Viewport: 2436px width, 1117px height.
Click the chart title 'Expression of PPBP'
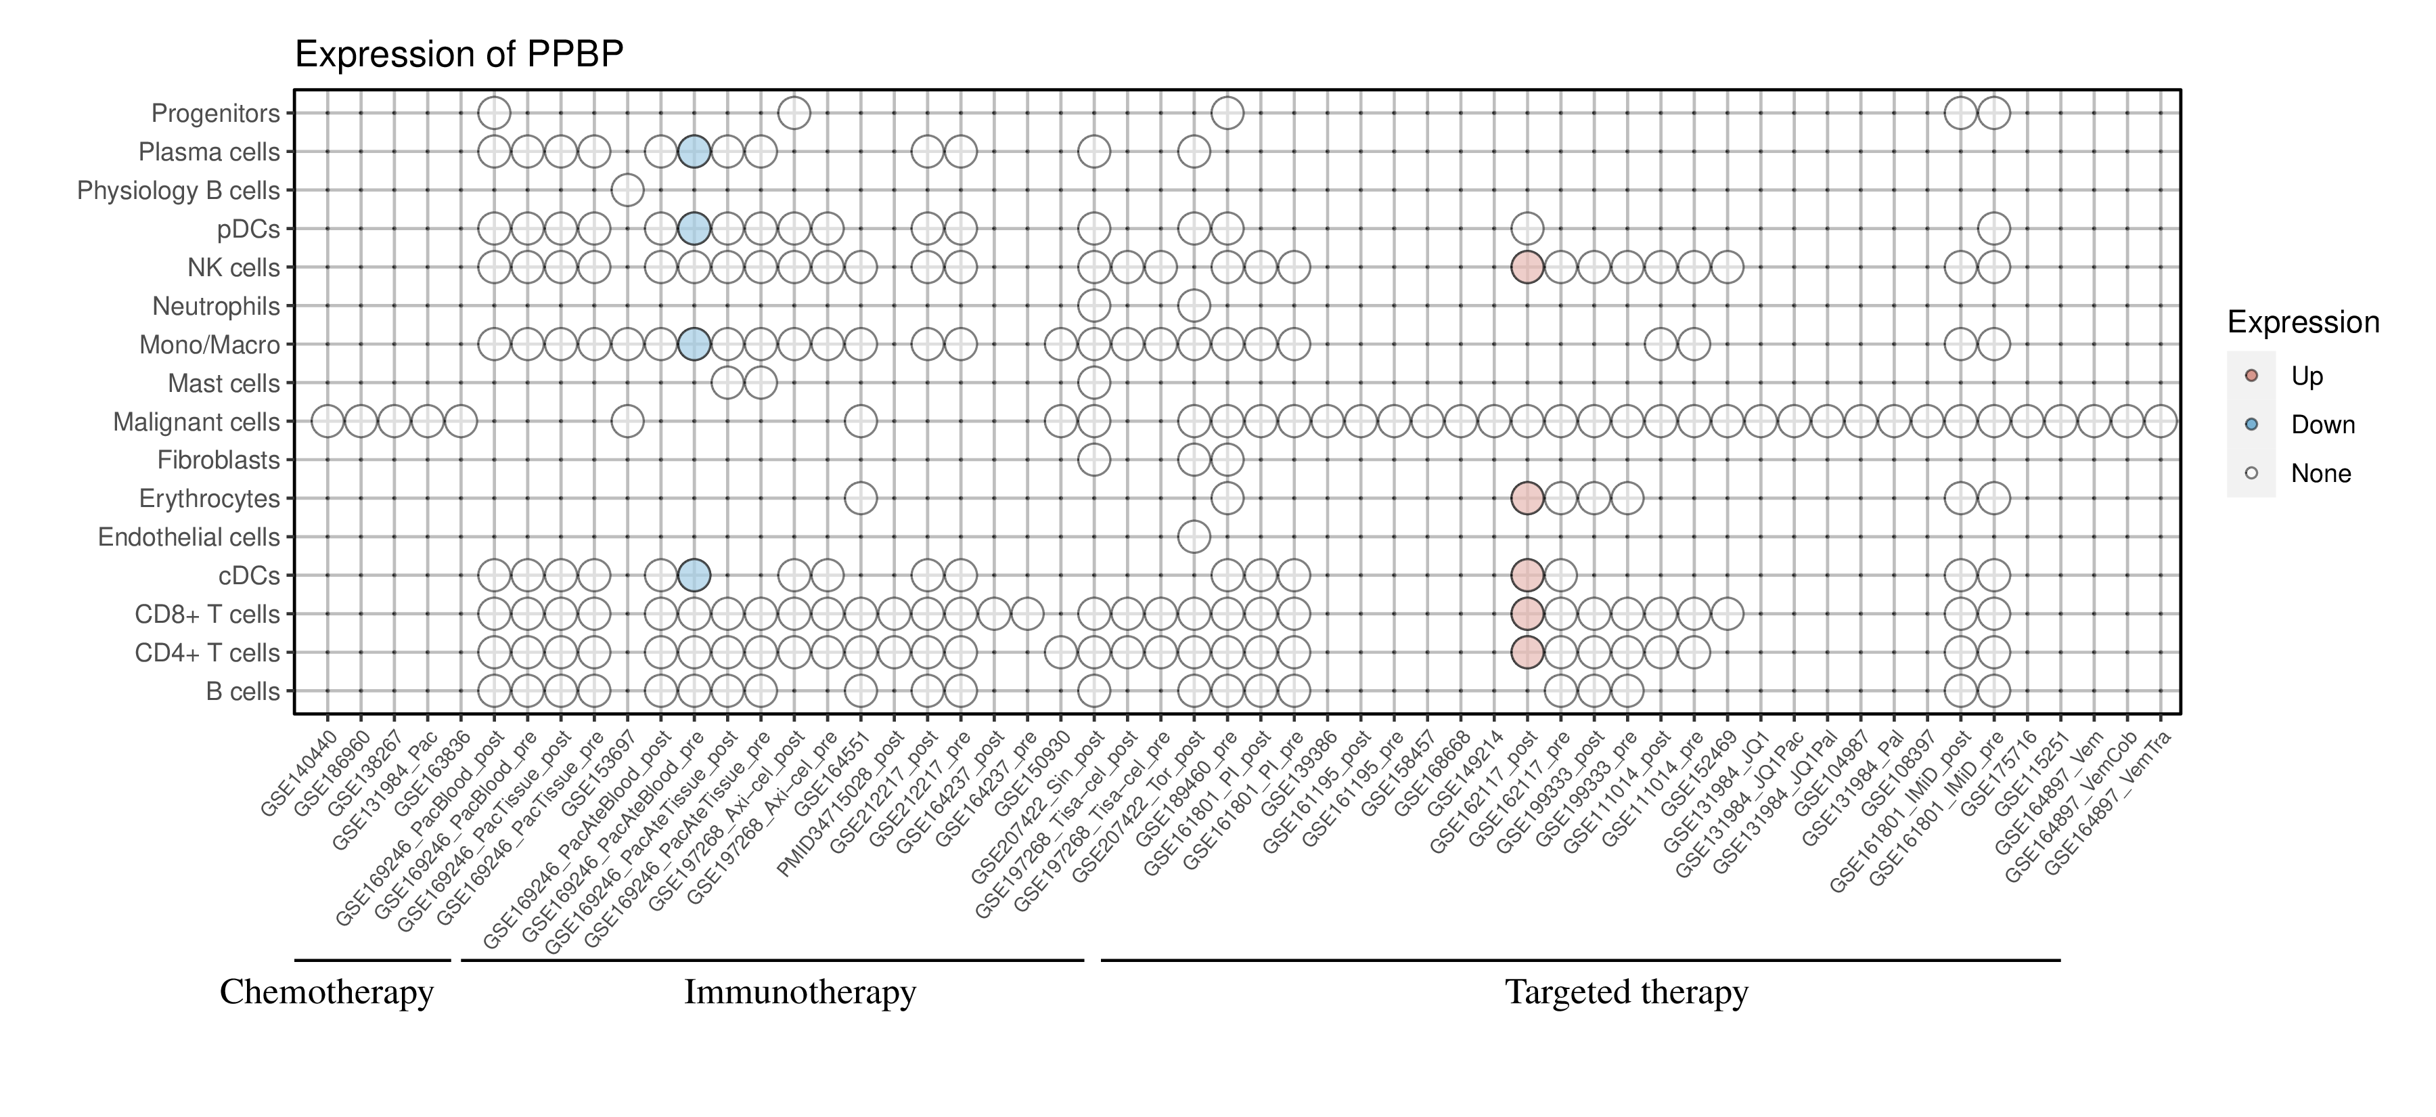coord(459,55)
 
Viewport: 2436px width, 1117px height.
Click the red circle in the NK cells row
coord(1527,267)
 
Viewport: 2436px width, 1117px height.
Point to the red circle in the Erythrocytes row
coord(1527,498)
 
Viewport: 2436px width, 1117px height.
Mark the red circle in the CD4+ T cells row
coord(1527,653)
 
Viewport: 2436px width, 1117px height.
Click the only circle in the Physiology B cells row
coord(627,190)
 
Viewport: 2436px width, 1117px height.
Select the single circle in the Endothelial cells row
coord(1194,538)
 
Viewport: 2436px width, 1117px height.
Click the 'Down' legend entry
coord(2322,424)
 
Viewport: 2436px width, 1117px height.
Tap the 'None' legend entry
coord(2320,474)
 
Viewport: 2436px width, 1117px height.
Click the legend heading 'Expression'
coord(2303,322)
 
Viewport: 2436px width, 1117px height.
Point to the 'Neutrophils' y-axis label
coord(216,307)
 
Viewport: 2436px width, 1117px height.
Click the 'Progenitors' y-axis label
coord(216,114)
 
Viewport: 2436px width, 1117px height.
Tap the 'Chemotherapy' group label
coord(326,992)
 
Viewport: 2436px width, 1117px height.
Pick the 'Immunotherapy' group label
coord(800,992)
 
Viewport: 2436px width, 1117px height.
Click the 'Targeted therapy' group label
coord(1627,992)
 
